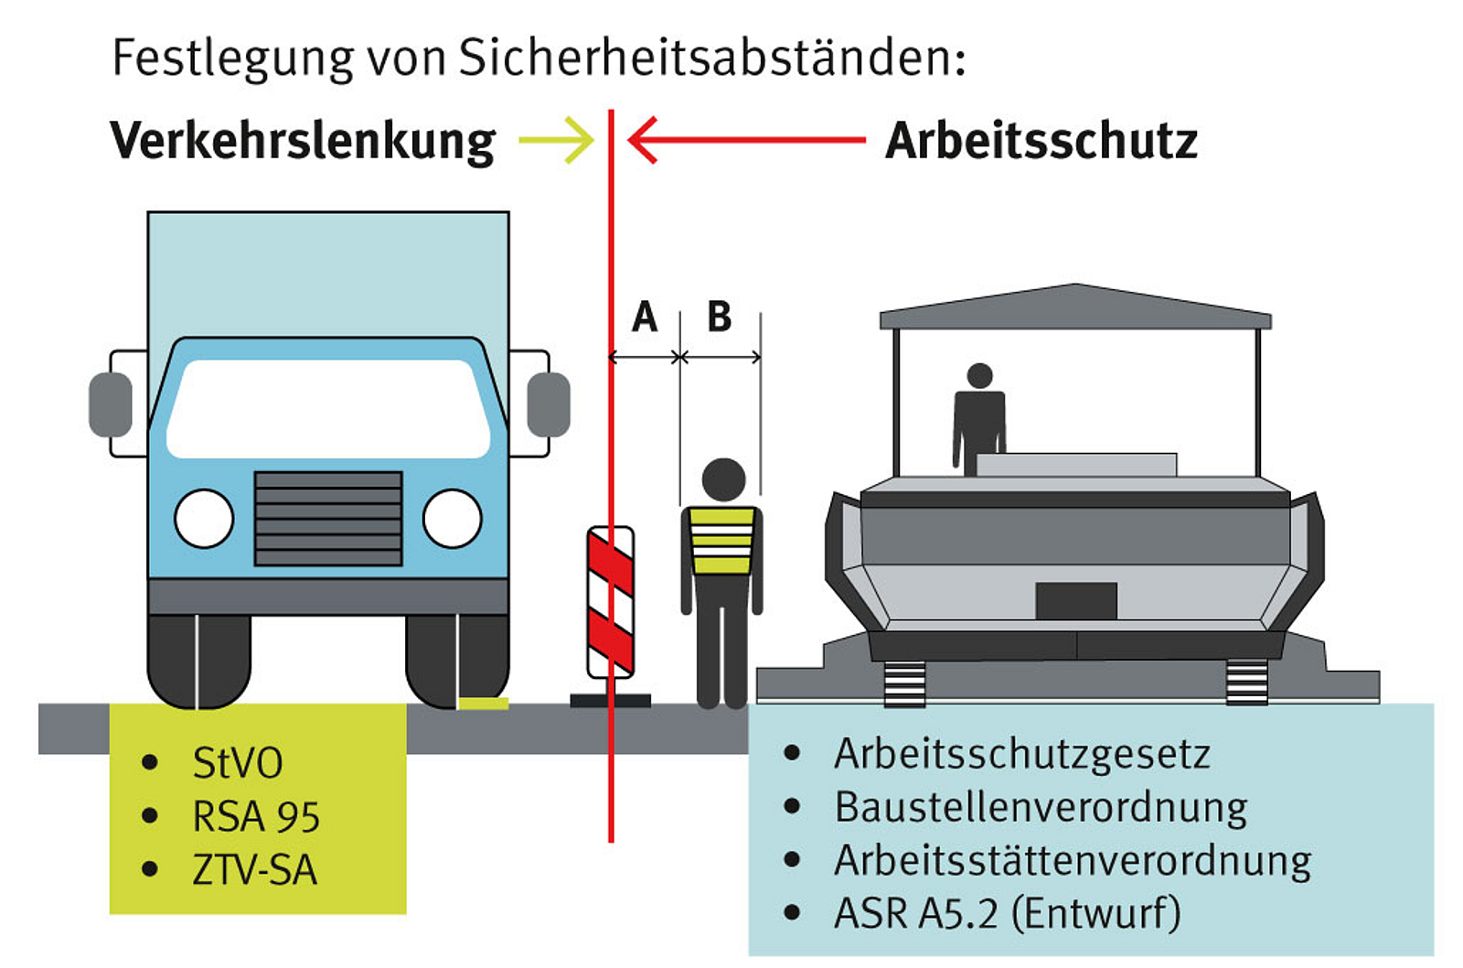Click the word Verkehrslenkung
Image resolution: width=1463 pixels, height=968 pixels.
pos(303,142)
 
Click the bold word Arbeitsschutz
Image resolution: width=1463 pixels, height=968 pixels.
pos(1041,141)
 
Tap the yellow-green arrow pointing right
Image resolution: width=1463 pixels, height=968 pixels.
pos(557,140)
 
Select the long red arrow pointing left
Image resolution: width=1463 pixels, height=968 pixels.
pos(746,140)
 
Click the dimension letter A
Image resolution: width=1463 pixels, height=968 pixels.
pos(645,317)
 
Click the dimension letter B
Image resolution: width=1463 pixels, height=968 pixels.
pos(720,317)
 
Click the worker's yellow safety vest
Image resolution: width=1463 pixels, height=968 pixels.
pos(721,541)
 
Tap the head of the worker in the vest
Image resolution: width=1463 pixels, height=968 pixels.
pos(723,479)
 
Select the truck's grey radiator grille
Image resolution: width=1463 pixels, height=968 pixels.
pos(328,519)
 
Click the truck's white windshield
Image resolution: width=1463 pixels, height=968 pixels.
pos(328,408)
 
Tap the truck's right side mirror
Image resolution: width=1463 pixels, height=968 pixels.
pos(549,404)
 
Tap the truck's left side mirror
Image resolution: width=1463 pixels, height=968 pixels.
pos(111,404)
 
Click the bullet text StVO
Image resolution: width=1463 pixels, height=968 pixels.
pos(238,763)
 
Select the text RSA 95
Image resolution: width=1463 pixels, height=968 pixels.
pos(256,816)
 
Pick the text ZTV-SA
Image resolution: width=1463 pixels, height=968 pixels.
pos(255,870)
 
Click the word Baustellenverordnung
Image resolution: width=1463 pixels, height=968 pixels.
pos(1041,809)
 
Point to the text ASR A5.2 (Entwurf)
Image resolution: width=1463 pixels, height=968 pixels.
pos(1008,913)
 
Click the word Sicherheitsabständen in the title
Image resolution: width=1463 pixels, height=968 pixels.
pos(712,59)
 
